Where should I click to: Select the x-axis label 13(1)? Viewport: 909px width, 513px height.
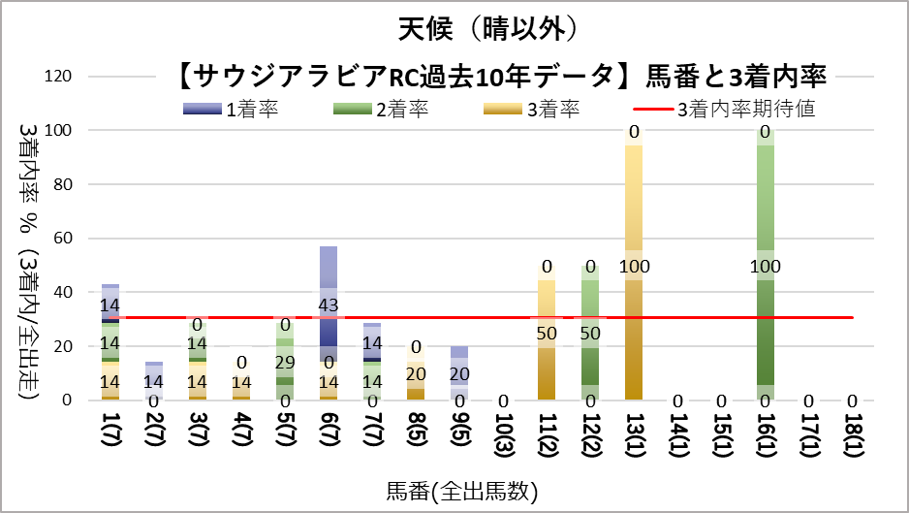point(634,433)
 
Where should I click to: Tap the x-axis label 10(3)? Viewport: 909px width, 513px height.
point(503,433)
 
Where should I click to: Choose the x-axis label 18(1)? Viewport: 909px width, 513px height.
point(852,433)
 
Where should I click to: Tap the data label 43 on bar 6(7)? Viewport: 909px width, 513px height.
point(329,305)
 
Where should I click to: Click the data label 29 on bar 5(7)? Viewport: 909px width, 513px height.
point(285,362)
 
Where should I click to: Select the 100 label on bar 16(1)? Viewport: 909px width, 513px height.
point(765,266)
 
